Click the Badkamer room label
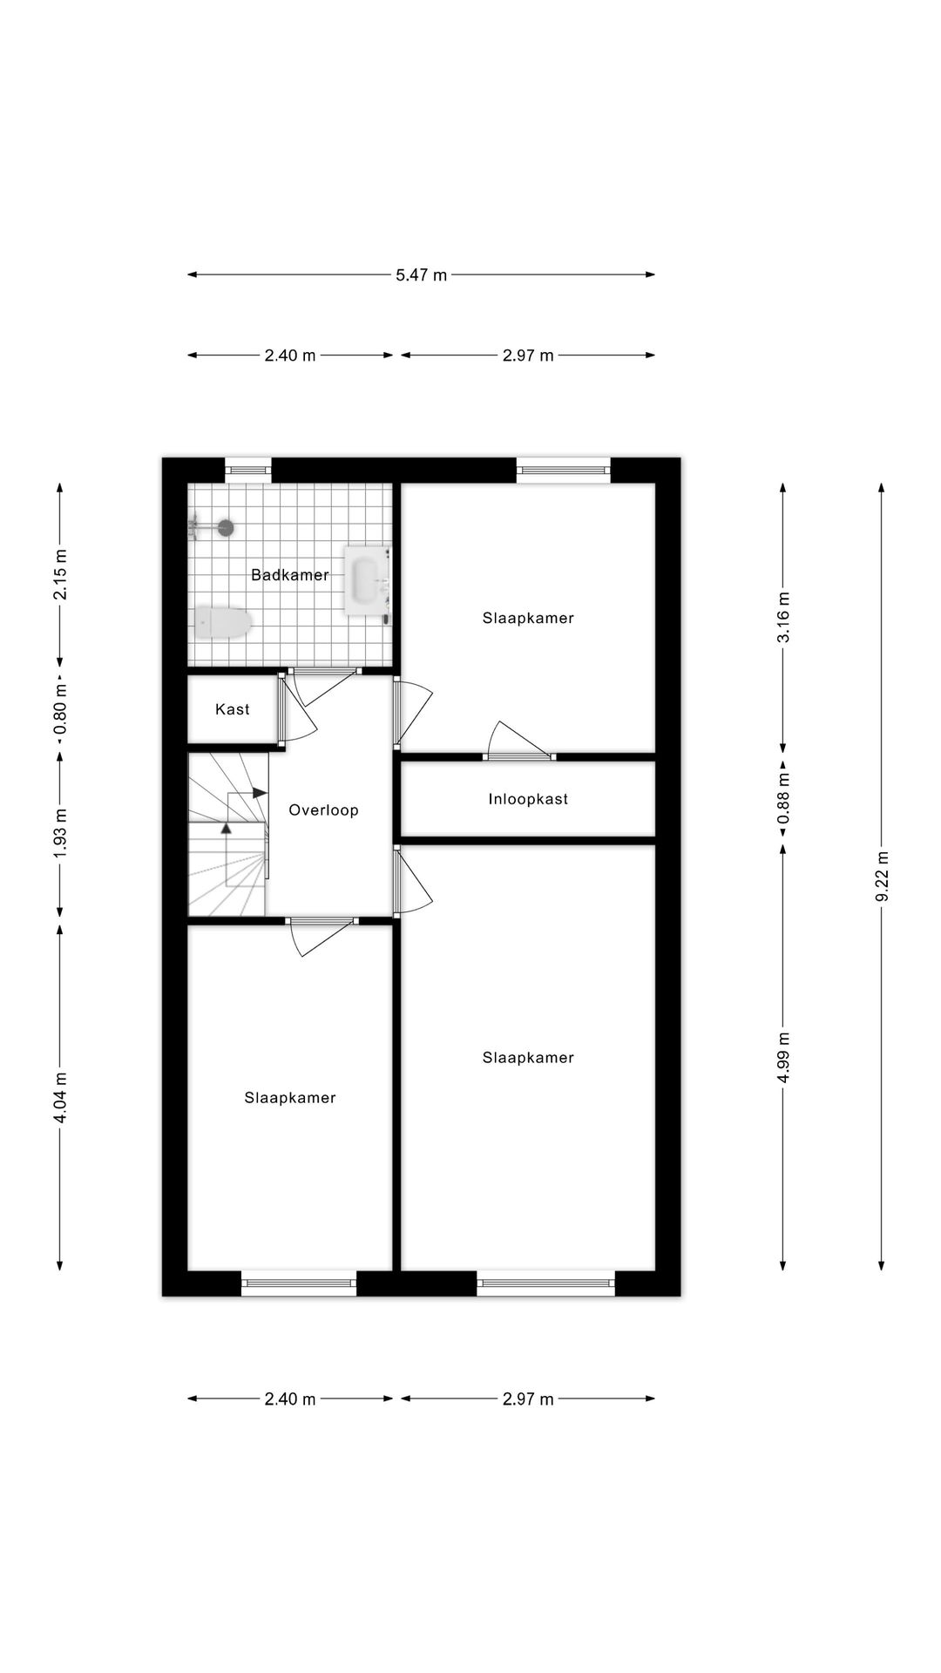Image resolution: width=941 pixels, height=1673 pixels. tap(289, 575)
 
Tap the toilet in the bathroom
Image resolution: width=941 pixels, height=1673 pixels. tap(224, 623)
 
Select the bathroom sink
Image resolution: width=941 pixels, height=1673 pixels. tap(366, 579)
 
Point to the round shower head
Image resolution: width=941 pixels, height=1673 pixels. tap(226, 526)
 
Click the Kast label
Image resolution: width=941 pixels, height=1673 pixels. tap(232, 709)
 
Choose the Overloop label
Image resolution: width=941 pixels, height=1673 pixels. tap(323, 810)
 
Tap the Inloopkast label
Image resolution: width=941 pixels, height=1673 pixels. tap(528, 799)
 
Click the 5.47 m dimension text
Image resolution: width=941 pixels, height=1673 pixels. tap(421, 275)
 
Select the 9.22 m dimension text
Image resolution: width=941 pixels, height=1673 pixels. tap(882, 877)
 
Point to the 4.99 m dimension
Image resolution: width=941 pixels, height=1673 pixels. tap(783, 1057)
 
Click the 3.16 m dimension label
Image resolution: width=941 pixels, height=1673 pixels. tap(783, 617)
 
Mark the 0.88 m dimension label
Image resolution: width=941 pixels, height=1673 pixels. tap(783, 798)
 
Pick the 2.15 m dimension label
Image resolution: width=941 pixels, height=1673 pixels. tap(60, 573)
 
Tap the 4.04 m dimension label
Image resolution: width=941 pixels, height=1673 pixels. tap(60, 1098)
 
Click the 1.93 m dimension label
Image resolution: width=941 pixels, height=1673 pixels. tap(60, 834)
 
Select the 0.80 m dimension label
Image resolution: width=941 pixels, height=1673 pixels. tap(60, 708)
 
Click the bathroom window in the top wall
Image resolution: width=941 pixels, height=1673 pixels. tap(248, 471)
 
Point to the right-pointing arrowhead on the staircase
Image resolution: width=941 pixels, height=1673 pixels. tap(260, 793)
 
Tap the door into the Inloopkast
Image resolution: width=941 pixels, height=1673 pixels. tap(520, 755)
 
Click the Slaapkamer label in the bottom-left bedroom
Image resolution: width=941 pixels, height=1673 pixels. tap(289, 1098)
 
